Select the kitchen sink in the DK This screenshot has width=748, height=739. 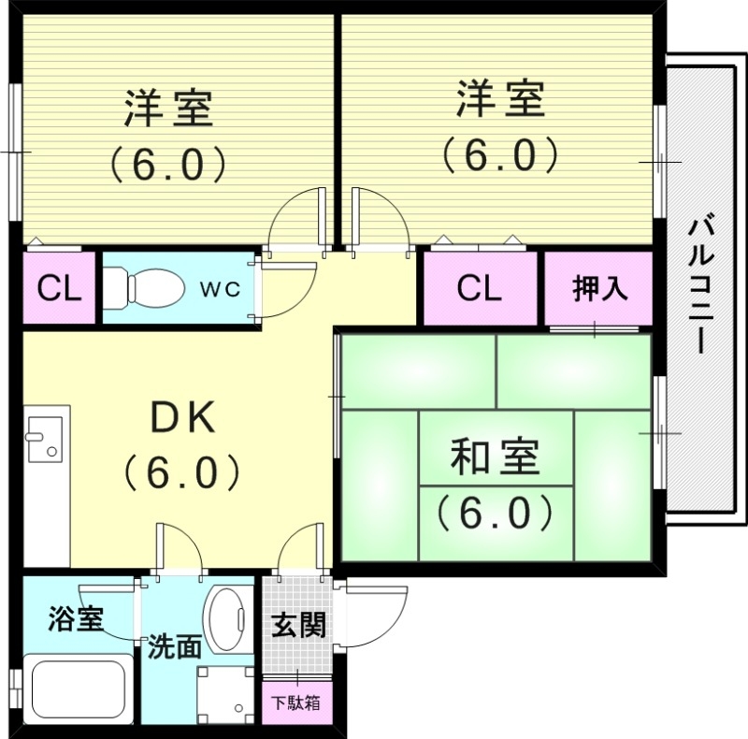[45, 438]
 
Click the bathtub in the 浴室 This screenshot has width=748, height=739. [79, 688]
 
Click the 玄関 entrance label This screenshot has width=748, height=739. [298, 624]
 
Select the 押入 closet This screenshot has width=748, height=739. [598, 288]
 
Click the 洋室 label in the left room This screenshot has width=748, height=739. [169, 109]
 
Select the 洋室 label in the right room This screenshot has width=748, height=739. [500, 100]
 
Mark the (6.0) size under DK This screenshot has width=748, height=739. [183, 472]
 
